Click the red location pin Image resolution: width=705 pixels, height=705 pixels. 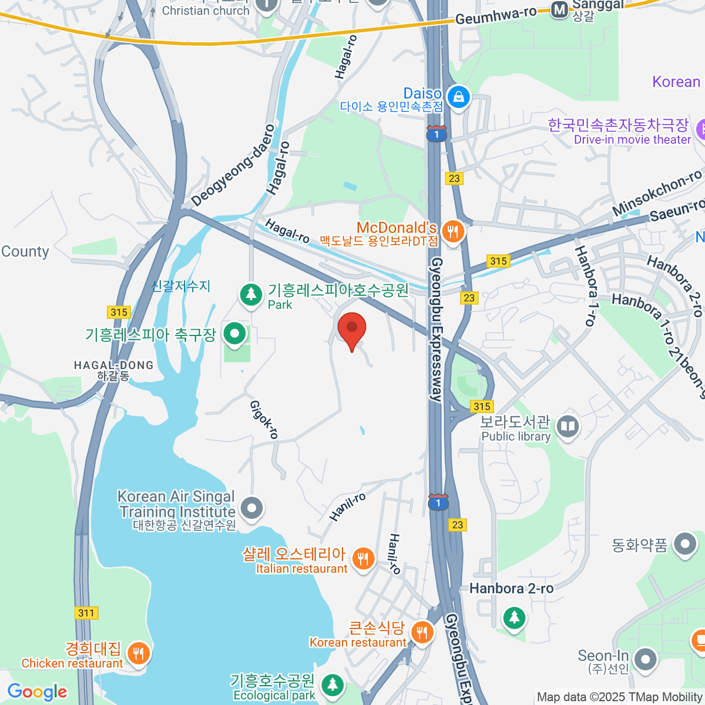[x=352, y=328]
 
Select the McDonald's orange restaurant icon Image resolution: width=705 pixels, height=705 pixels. [x=452, y=231]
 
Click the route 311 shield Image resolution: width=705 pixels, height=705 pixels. [x=86, y=613]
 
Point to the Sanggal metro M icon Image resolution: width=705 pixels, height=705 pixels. [x=560, y=9]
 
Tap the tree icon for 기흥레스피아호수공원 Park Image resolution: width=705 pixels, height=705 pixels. [x=251, y=294]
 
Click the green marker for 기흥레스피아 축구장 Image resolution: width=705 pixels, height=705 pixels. [x=235, y=334]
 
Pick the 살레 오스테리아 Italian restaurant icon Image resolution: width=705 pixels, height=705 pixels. [x=363, y=558]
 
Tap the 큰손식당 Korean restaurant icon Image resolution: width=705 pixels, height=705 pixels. [x=421, y=632]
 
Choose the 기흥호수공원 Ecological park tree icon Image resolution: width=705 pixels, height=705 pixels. [x=333, y=684]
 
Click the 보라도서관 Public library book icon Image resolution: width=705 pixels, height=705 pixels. [x=568, y=427]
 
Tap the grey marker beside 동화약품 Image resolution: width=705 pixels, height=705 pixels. [x=684, y=545]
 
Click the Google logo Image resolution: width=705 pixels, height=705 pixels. [x=37, y=691]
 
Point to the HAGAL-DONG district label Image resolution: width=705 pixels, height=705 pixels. [x=113, y=365]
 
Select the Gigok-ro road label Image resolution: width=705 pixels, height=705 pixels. [x=264, y=419]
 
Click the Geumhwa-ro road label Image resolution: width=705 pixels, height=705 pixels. [x=496, y=16]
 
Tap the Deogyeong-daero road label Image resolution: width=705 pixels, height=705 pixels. [x=233, y=165]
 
